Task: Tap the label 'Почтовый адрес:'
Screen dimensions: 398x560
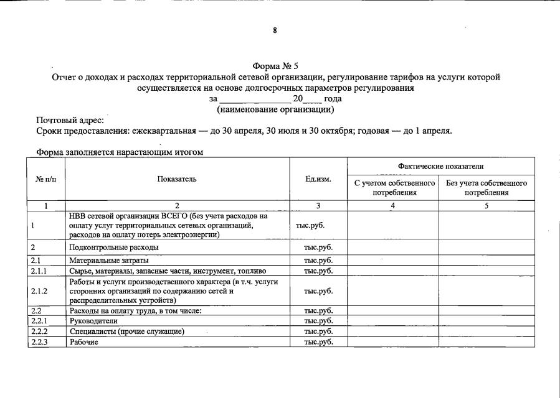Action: (70, 120)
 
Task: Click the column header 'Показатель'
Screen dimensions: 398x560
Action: (177, 179)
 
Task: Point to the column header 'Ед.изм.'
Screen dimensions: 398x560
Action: (318, 179)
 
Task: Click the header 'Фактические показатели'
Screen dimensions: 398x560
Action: (440, 166)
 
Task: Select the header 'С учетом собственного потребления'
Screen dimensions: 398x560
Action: (393, 188)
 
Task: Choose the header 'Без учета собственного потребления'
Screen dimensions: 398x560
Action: (486, 188)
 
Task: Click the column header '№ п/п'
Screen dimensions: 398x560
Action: (45, 179)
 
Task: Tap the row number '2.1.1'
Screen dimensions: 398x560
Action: (39, 271)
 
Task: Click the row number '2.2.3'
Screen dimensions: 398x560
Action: (39, 342)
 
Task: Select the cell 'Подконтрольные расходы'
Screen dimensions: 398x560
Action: (113, 248)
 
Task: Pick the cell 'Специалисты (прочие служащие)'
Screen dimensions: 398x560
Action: (126, 331)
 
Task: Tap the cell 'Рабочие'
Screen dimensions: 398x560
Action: (84, 342)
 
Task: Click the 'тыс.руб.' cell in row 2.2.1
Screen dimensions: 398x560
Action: (318, 320)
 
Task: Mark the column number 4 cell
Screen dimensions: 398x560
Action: (393, 206)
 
